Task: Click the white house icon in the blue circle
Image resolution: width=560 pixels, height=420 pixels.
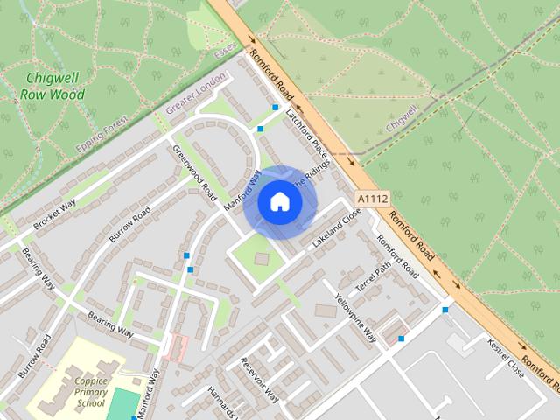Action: [279, 202]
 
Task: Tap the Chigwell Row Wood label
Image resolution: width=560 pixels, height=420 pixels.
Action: [54, 86]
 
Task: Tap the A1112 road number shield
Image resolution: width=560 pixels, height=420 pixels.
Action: [374, 199]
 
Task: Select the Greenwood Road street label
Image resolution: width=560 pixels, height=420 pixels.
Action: [193, 170]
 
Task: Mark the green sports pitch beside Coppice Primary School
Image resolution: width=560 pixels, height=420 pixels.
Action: [126, 404]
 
